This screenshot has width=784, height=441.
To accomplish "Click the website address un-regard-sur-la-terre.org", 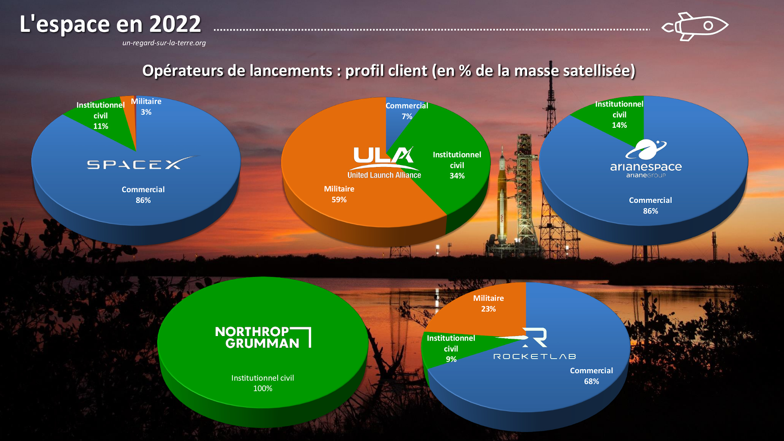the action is [164, 43].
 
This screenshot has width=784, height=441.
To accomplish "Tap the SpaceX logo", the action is [143, 163].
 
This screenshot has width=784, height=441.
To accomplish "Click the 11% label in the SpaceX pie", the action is [100, 126].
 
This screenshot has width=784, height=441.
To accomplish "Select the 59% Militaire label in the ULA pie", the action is [339, 194].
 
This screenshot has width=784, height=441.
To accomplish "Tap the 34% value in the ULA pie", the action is [457, 176].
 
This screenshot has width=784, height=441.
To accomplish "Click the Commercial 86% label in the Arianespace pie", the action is [650, 205].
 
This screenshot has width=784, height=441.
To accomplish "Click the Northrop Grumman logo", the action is [263, 337].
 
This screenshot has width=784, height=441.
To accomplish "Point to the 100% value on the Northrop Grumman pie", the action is [263, 388].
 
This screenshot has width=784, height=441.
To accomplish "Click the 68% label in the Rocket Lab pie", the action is [591, 381].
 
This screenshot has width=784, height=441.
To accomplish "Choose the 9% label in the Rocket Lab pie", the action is [451, 359].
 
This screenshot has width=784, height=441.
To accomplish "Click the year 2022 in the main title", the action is [175, 24].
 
